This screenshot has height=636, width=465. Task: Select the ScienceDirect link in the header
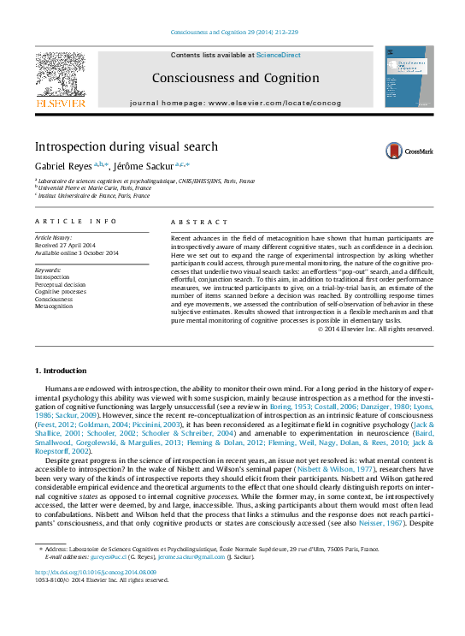[278, 55]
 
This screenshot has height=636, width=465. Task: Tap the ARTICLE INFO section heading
[75, 221]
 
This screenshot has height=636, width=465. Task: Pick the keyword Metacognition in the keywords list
[54, 306]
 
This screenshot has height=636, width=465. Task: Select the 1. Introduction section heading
[60, 371]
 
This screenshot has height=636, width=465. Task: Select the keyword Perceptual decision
[60, 284]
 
